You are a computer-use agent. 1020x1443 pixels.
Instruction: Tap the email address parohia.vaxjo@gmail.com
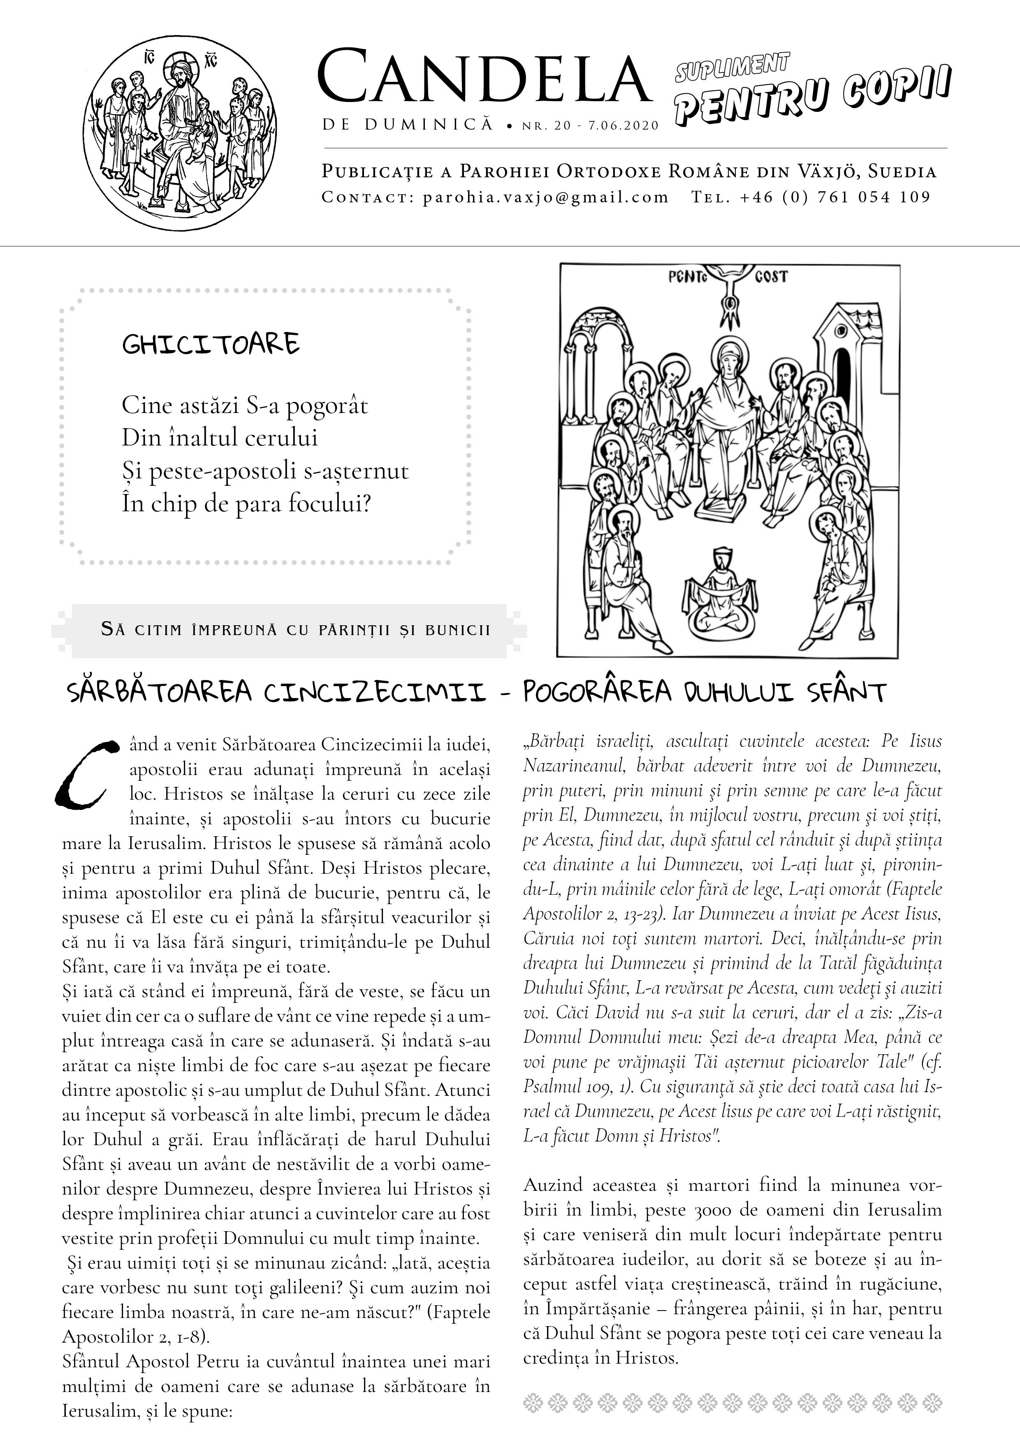coord(545,197)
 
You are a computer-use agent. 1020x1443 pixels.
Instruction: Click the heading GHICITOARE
coord(211,344)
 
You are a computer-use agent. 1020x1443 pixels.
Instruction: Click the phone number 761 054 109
coord(874,197)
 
